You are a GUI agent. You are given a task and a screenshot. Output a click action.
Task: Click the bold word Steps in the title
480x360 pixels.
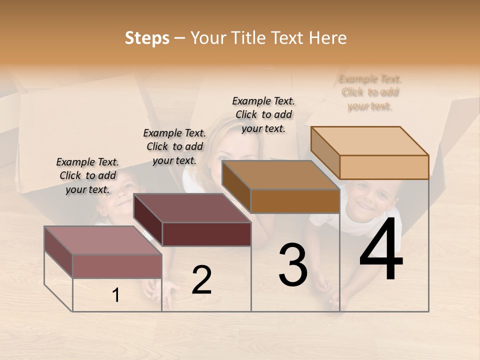147,38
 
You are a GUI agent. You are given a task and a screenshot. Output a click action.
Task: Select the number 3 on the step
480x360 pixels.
293,264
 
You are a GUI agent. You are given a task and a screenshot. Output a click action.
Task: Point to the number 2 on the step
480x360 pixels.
201,280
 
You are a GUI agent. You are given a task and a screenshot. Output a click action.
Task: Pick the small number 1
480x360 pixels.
116,295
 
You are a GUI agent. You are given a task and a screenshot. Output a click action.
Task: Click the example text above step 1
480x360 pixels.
87,175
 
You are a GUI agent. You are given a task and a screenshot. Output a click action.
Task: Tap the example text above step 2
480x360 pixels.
174,146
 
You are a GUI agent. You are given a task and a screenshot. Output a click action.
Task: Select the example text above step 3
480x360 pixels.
263,114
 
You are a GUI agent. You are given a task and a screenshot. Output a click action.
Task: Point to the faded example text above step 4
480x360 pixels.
370,92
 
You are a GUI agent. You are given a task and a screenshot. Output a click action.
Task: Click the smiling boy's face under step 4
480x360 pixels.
370,200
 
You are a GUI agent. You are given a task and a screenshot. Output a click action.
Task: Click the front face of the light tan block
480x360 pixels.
384,167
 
